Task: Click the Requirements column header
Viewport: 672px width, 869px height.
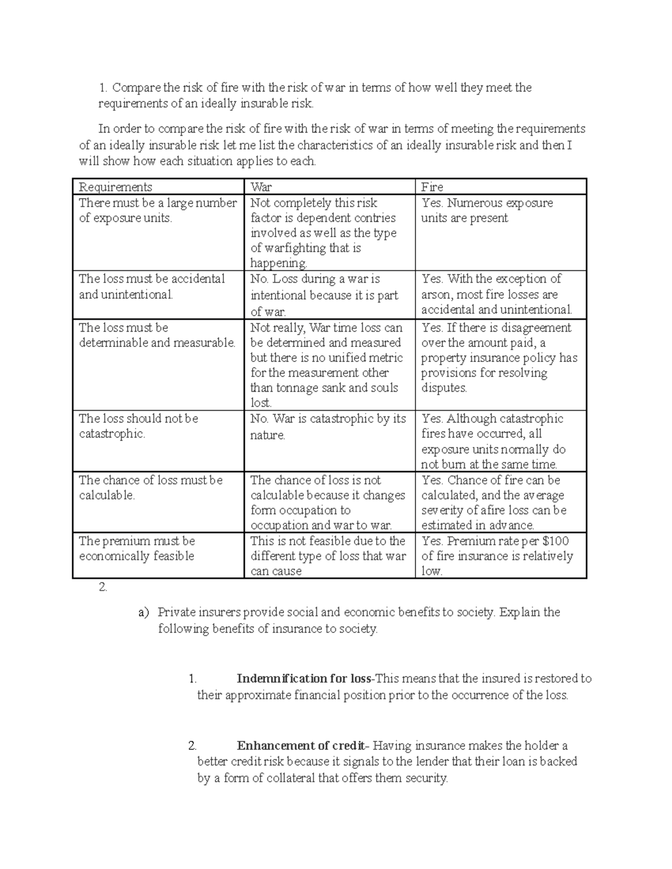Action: (x=115, y=187)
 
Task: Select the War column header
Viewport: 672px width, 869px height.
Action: (x=261, y=187)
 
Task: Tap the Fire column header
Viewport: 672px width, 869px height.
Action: (x=432, y=187)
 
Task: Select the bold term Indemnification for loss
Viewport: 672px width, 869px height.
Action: (x=304, y=679)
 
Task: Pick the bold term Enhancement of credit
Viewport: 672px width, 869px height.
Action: (x=301, y=746)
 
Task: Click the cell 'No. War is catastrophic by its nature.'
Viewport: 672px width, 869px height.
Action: (x=328, y=427)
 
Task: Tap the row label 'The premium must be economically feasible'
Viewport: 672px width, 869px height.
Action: (x=137, y=548)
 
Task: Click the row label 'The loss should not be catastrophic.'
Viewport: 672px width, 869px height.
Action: (x=138, y=426)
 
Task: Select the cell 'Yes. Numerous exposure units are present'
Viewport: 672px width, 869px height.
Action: (x=487, y=210)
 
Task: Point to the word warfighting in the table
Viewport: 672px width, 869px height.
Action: (x=295, y=248)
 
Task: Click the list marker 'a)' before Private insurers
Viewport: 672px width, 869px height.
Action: (x=143, y=613)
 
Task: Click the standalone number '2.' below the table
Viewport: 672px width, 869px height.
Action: (x=102, y=588)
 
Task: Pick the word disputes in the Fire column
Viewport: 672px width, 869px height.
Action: (x=444, y=388)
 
